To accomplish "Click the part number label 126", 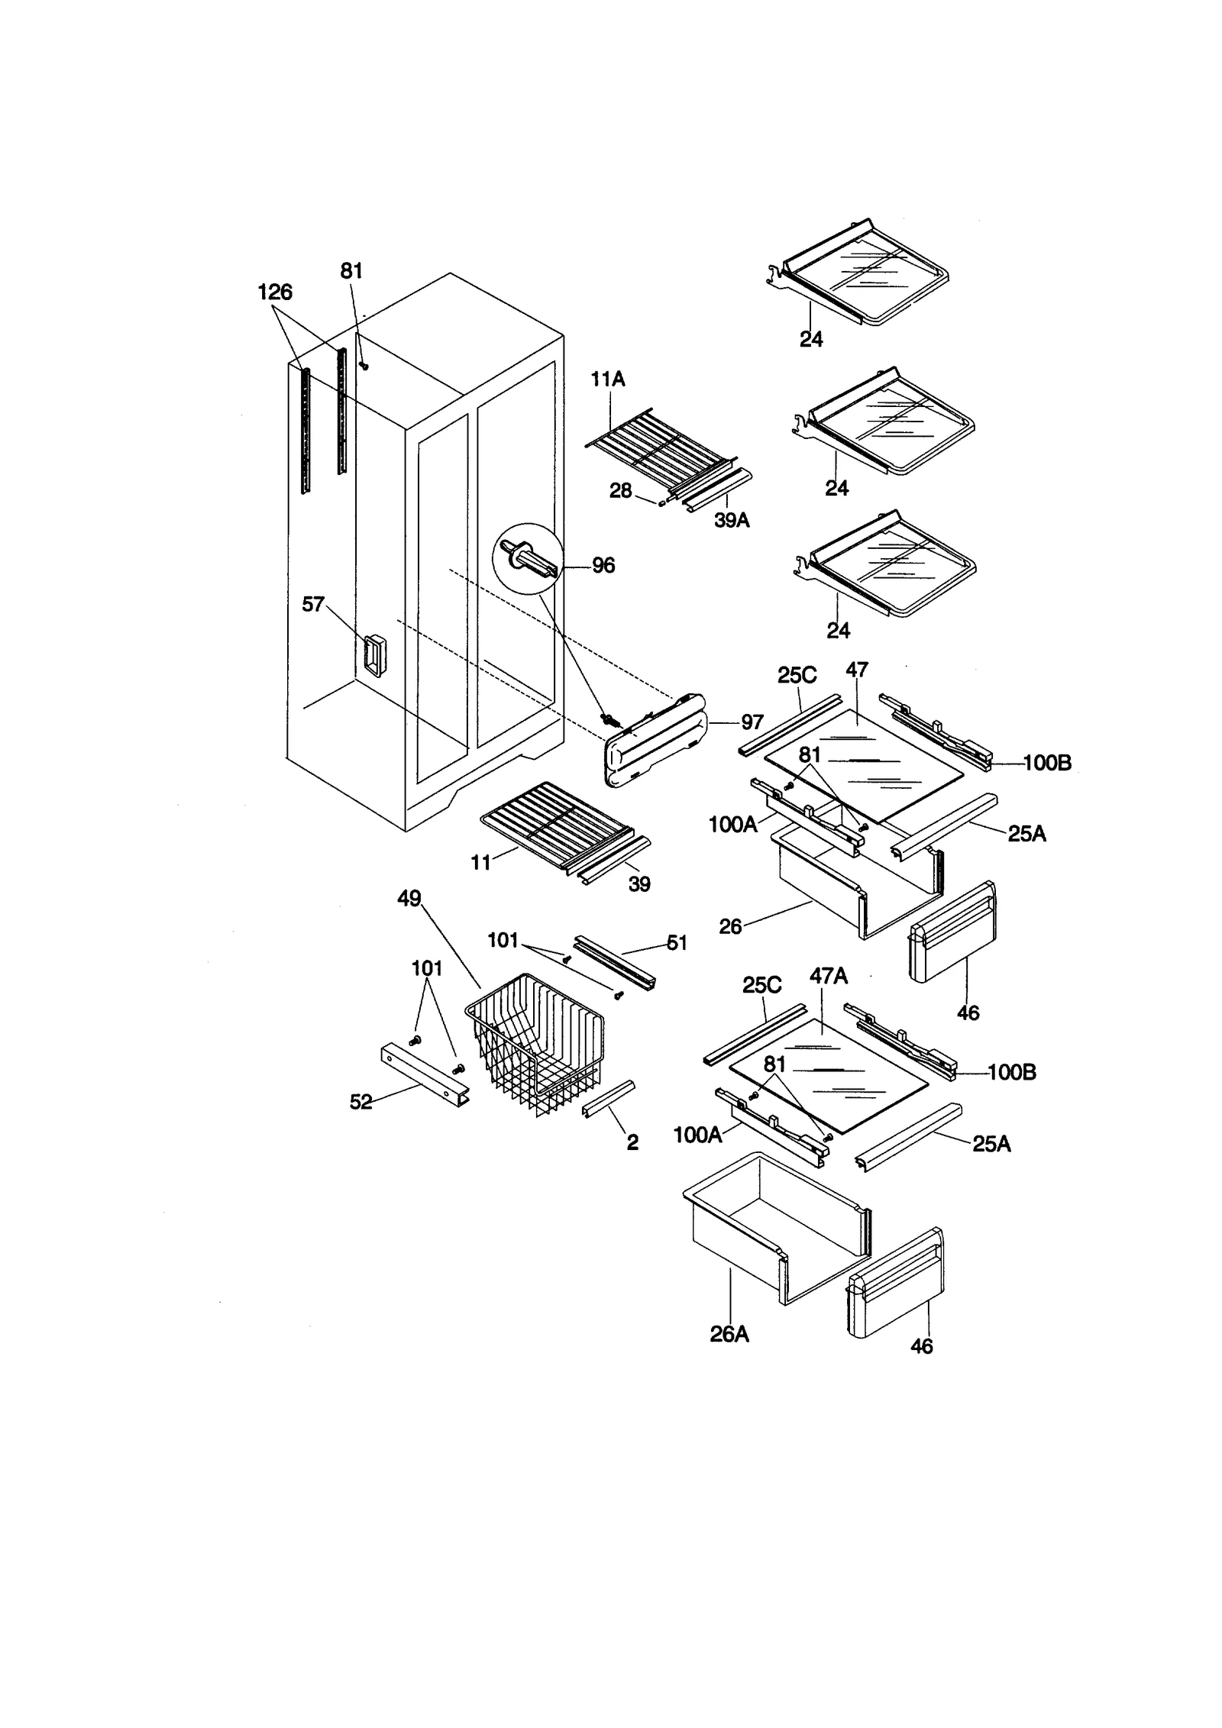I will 275,292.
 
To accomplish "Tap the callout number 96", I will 603,566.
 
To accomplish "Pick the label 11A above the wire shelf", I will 607,379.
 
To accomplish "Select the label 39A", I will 732,521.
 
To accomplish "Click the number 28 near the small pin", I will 620,491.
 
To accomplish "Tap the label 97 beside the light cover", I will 752,722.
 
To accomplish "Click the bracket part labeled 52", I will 424,1075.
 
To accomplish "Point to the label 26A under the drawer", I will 729,1334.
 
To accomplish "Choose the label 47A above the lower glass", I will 829,976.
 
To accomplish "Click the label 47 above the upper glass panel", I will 857,670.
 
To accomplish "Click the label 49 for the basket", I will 409,899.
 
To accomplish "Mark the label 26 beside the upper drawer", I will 730,926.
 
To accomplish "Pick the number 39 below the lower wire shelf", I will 639,884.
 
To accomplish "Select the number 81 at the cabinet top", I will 351,271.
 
